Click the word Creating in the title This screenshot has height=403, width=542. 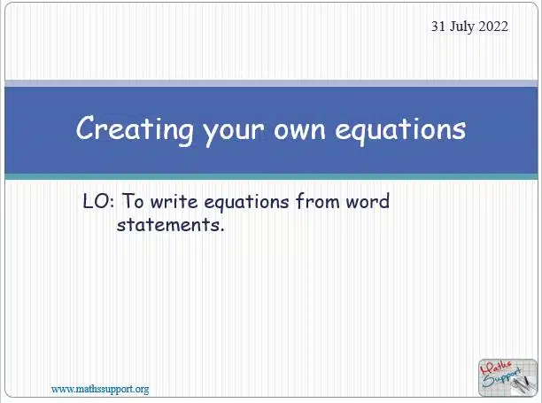[x=135, y=129]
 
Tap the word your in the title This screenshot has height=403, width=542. [x=233, y=132]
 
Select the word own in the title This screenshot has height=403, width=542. [x=299, y=130]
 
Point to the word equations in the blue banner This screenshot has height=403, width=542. [x=400, y=130]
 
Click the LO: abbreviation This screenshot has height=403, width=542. [x=98, y=201]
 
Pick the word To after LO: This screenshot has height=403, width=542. [x=133, y=201]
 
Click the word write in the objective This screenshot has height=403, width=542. [x=174, y=201]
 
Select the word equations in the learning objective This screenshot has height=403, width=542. [x=246, y=203]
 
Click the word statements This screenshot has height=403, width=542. [x=168, y=225]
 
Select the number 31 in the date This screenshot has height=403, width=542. [x=438, y=27]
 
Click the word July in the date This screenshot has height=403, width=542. [x=462, y=27]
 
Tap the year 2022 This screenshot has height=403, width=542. [x=493, y=27]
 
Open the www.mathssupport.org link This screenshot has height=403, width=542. [x=100, y=390]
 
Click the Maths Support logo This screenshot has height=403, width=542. [x=507, y=377]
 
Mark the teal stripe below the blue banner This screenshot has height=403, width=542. [x=271, y=176]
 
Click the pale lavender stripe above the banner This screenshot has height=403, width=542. [x=271, y=83]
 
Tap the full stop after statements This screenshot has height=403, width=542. [x=222, y=229]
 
